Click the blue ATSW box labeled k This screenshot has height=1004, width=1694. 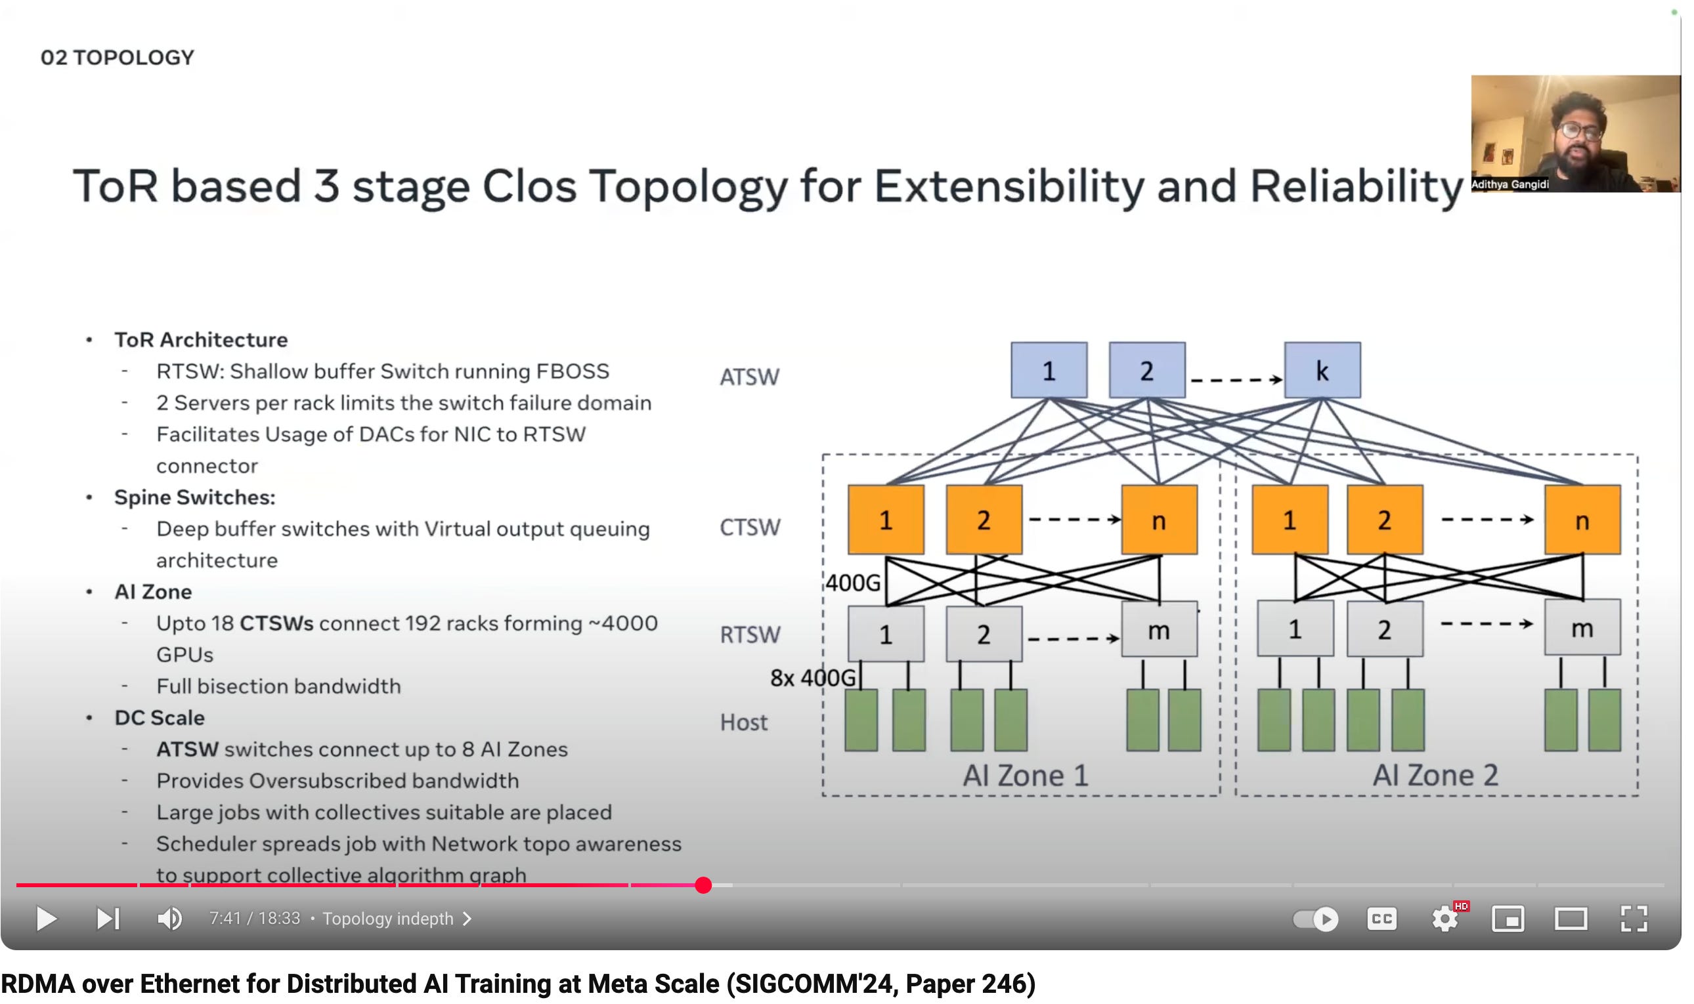coord(1322,370)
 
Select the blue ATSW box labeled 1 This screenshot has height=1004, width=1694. coord(1049,370)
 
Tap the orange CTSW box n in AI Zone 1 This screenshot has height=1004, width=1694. coord(1159,520)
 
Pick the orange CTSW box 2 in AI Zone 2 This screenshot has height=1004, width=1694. coord(1384,520)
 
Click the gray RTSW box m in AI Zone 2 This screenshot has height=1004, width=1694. coord(1582,627)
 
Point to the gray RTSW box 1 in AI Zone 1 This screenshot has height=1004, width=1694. coord(885,633)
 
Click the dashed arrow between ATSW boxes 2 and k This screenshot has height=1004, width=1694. coord(1235,379)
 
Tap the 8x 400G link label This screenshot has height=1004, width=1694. coord(812,677)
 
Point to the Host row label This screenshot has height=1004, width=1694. coord(743,722)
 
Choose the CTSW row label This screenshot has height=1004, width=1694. coord(749,527)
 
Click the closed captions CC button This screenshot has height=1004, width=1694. coord(1381,918)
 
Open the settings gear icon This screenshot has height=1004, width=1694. coord(1444,918)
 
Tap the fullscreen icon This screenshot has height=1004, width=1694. coord(1633,918)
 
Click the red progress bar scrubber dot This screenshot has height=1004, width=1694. coord(703,885)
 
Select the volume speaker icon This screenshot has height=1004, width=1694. coord(169,918)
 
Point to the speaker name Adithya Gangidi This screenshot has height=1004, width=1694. coord(1510,184)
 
